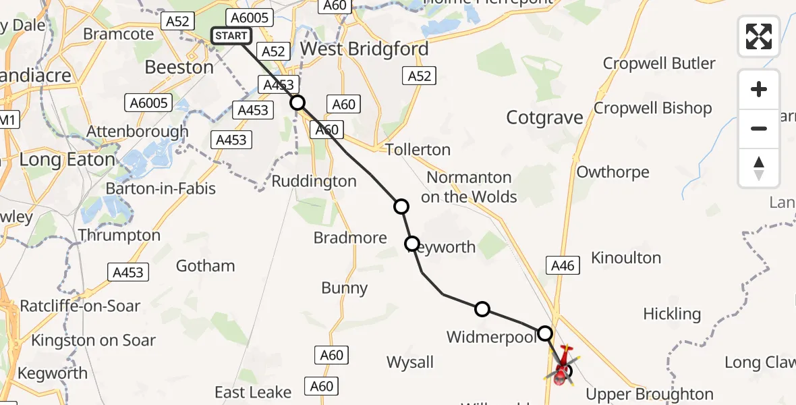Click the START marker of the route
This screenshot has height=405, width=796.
[x=231, y=36]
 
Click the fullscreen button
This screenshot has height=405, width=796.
[x=759, y=36]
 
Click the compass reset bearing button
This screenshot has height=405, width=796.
[x=759, y=168]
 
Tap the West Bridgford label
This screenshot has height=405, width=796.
[x=364, y=49]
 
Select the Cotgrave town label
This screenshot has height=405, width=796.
[x=544, y=118]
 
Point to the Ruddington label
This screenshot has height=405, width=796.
[x=314, y=181]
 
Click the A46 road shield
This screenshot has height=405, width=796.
[x=563, y=266]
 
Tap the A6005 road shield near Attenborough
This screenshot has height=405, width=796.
[x=148, y=103]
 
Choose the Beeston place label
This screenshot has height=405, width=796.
[x=179, y=67]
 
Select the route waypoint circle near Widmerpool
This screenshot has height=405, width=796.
[x=482, y=309]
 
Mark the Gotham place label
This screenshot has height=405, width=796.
[x=205, y=266]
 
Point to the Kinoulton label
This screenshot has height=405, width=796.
[x=625, y=257]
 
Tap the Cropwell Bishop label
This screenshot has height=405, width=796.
[x=652, y=108]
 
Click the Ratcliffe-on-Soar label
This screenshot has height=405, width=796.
[x=80, y=306]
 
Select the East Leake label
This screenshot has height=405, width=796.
[x=253, y=392]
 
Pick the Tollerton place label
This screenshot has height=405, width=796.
[x=418, y=149]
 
